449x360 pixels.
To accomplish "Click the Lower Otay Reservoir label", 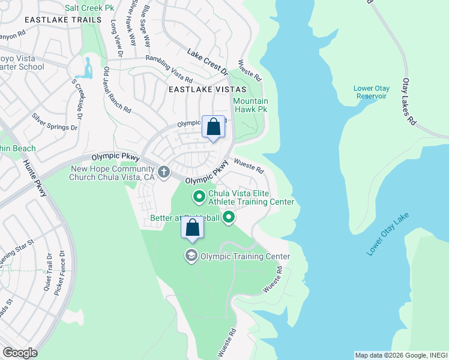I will coord(371,92).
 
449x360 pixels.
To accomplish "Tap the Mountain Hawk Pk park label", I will coord(250,106).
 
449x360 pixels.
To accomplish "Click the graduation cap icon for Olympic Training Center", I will coord(191,256).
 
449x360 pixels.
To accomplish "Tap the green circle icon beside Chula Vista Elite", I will coord(199,196).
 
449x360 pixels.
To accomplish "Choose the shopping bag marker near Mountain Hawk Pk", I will coord(213,127).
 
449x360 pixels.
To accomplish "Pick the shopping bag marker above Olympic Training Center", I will coord(192,227).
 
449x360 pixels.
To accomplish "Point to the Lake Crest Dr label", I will coord(208,62).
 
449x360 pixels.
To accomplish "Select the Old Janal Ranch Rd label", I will coord(116,89).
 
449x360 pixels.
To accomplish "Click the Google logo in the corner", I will coord(19,353).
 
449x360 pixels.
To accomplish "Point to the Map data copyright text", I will coord(400,355).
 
